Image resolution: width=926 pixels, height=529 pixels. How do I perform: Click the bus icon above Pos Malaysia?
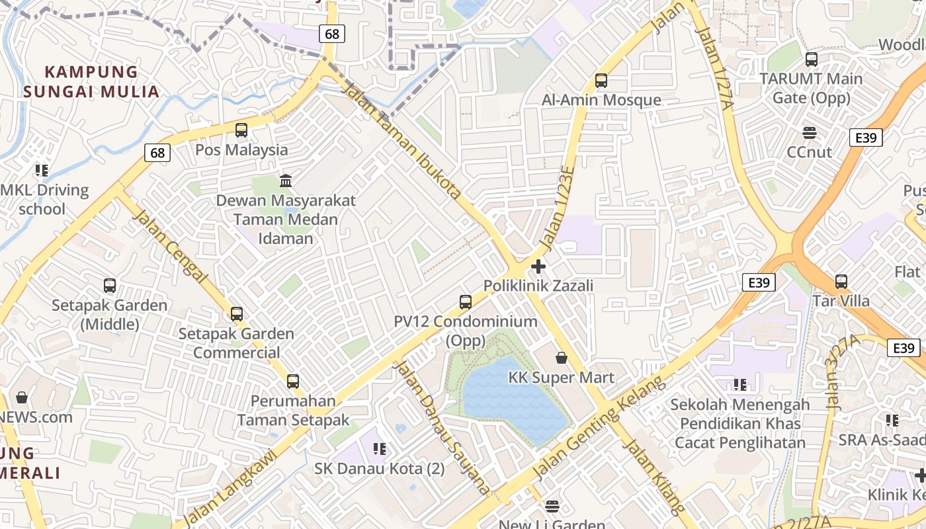click(241, 130)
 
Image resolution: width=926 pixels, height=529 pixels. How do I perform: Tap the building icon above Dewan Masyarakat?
click(286, 181)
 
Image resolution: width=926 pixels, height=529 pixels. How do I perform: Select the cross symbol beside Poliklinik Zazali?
click(538, 266)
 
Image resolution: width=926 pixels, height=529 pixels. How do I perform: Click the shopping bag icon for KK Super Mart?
click(562, 358)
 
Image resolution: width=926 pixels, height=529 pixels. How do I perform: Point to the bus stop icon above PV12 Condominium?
click(466, 302)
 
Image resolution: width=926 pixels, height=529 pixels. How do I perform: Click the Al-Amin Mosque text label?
click(601, 100)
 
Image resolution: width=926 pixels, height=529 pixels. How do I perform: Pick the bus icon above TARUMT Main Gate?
click(812, 60)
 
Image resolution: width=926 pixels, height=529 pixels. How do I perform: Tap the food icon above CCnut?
click(810, 132)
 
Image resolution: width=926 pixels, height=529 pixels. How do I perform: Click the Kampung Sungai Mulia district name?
click(92, 81)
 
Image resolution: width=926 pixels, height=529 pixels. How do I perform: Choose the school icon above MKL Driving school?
click(42, 171)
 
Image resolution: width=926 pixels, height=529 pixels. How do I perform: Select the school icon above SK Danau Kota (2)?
click(379, 449)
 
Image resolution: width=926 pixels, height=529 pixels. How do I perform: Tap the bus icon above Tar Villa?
click(841, 281)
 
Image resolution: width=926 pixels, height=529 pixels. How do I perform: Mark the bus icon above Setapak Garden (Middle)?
click(110, 286)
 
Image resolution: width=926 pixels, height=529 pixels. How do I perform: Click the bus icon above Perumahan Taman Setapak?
click(293, 381)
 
